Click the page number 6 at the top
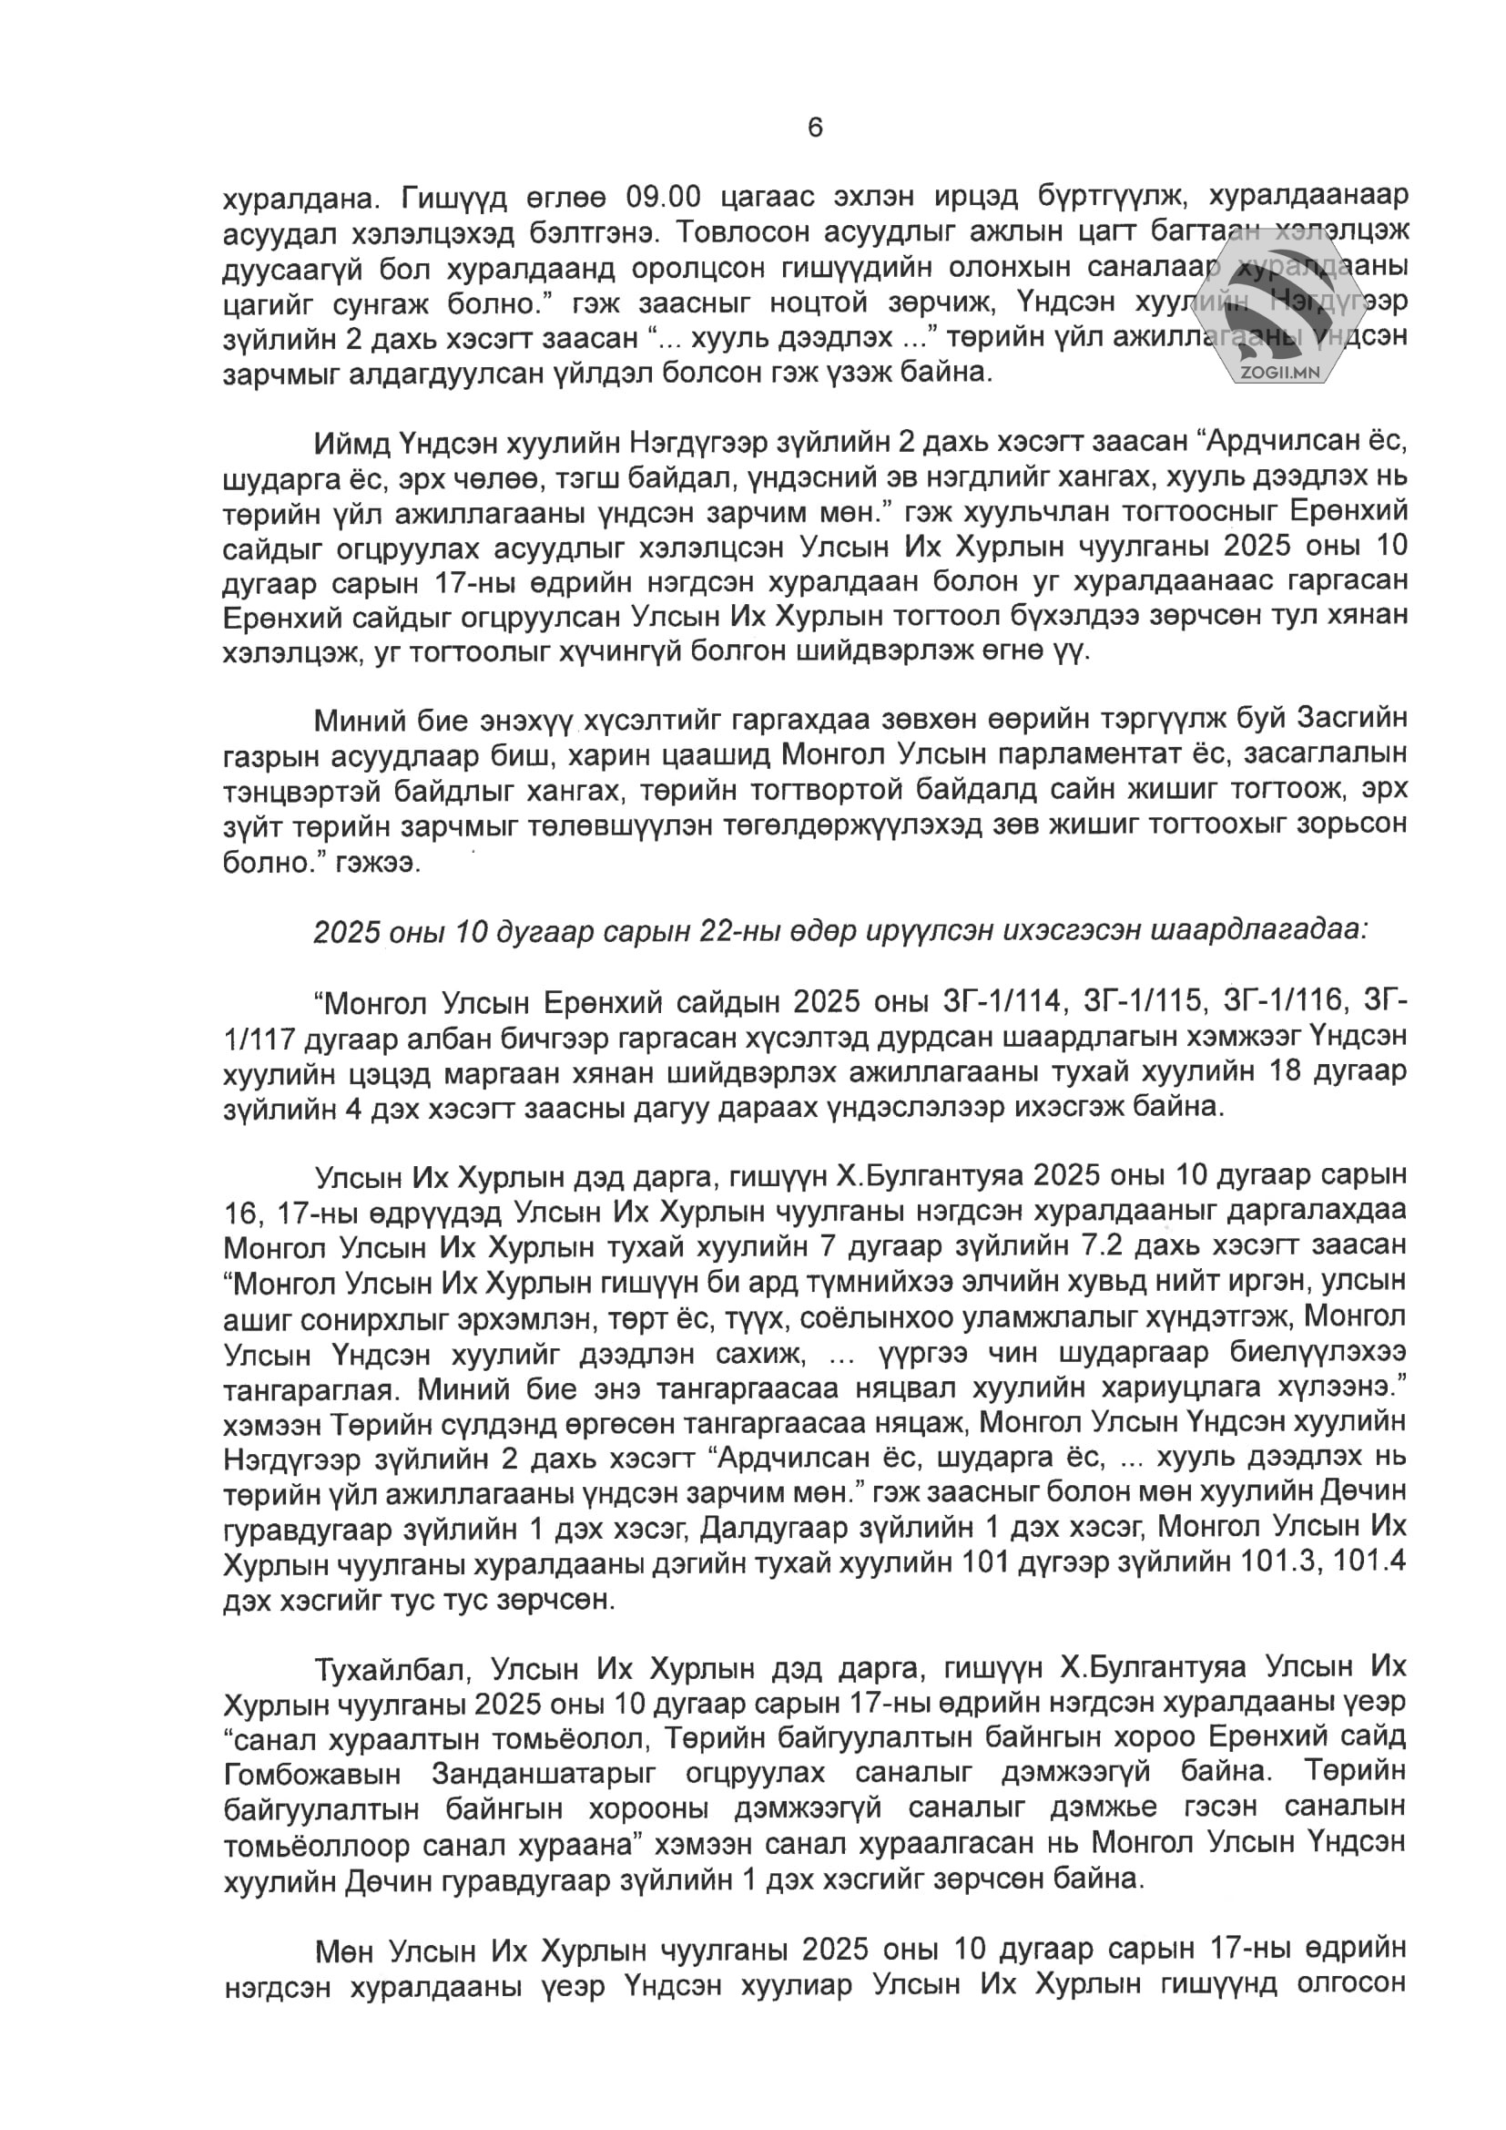click(x=815, y=128)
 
